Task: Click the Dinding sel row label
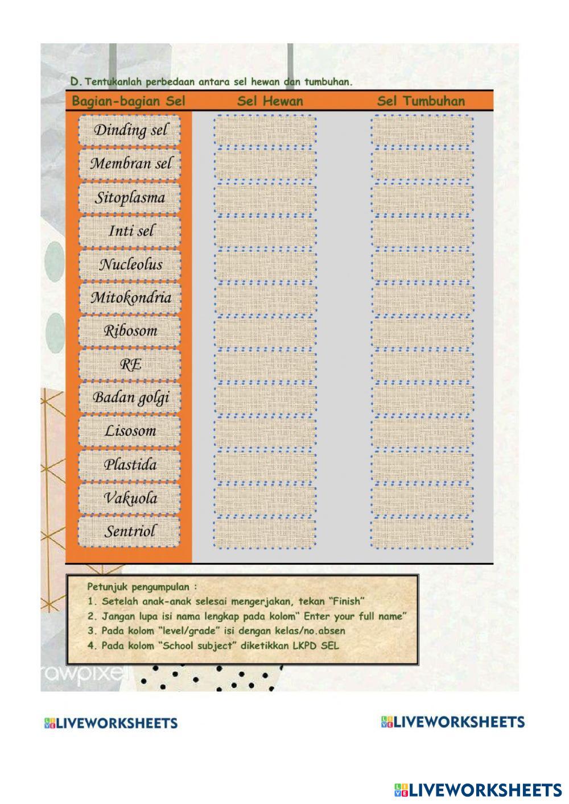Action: [x=130, y=131]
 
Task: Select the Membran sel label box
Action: [x=130, y=164]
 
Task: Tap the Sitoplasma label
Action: [x=130, y=198]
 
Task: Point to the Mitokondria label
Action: [x=130, y=297]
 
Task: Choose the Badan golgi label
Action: [x=130, y=397]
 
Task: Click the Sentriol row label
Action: [x=130, y=532]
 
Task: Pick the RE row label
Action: [x=130, y=364]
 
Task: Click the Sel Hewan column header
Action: [x=270, y=101]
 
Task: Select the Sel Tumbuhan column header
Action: [x=421, y=101]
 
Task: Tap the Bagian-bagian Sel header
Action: [x=129, y=101]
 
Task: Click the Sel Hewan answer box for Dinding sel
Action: [x=265, y=131]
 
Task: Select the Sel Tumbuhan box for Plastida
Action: [x=422, y=465]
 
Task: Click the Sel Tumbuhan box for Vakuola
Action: [x=422, y=498]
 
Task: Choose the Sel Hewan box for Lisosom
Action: [x=265, y=431]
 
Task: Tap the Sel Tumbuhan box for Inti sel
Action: [x=422, y=231]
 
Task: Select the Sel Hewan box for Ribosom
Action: [x=265, y=331]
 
